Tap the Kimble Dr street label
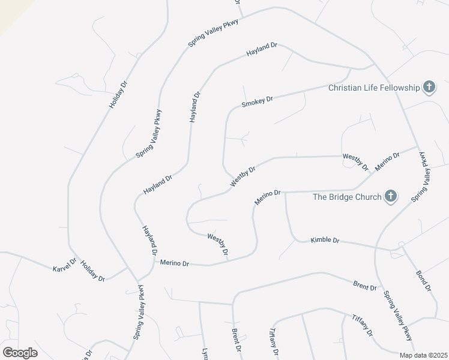click(325, 241)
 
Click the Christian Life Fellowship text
click(374, 88)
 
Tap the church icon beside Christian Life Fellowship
click(429, 88)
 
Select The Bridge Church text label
click(348, 197)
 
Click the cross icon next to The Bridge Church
click(391, 196)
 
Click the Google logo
click(20, 353)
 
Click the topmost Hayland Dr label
click(262, 50)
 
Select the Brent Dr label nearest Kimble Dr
click(364, 286)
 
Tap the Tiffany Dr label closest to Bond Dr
click(363, 325)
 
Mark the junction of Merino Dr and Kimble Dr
click(285, 193)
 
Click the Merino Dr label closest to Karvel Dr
click(174, 263)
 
